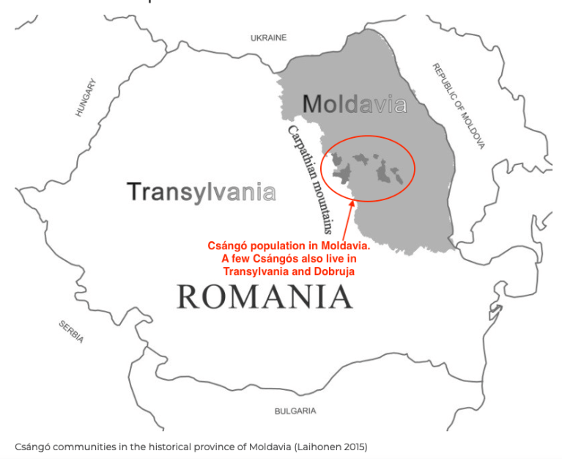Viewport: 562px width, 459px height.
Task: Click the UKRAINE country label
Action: coord(268,37)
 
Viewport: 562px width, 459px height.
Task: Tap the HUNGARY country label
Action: coord(86,98)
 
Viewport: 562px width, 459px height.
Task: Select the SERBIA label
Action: coord(71,332)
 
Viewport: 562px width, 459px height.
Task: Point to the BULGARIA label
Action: coord(295,411)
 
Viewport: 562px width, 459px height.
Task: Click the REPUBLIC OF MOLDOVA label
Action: coord(459,106)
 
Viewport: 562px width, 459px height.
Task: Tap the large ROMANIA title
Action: coord(265,297)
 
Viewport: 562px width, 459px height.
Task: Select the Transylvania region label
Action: coord(201,192)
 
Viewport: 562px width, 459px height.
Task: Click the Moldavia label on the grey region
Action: coord(354,105)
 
